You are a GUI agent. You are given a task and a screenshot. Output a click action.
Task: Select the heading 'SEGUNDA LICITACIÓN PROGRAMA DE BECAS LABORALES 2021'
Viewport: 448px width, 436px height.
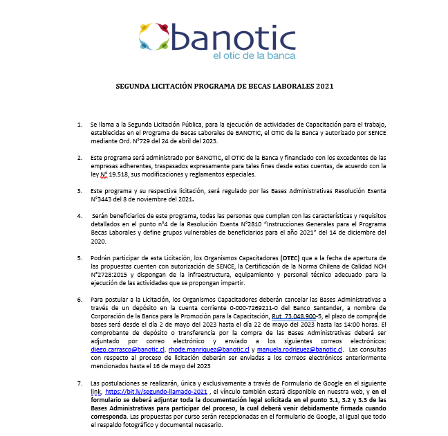point(224,87)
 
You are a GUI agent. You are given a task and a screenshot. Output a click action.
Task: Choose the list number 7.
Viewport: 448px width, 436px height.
point(80,383)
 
